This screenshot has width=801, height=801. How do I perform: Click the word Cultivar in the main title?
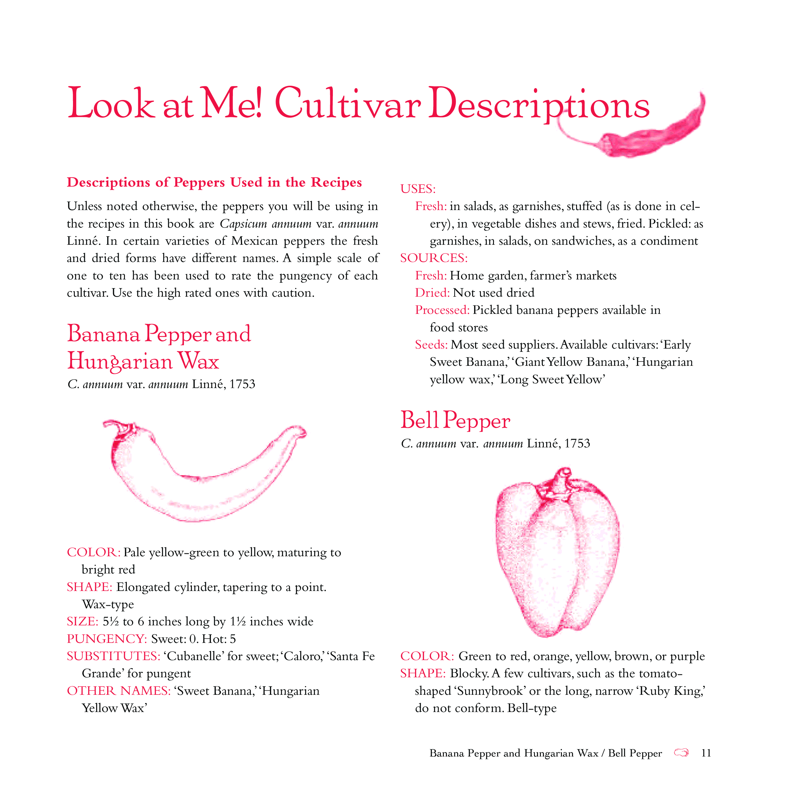tap(347, 104)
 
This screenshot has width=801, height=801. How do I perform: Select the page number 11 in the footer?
tap(706, 753)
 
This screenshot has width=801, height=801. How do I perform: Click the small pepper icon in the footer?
tap(681, 752)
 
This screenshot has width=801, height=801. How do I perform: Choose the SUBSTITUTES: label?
tap(114, 656)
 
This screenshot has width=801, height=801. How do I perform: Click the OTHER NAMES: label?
tap(119, 691)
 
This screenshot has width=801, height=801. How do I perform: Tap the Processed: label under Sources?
tap(442, 310)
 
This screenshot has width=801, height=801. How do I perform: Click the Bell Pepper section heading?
tap(455, 420)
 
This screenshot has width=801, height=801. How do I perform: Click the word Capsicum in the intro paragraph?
tap(243, 224)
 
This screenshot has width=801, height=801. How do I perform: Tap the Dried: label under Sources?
tap(432, 293)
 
